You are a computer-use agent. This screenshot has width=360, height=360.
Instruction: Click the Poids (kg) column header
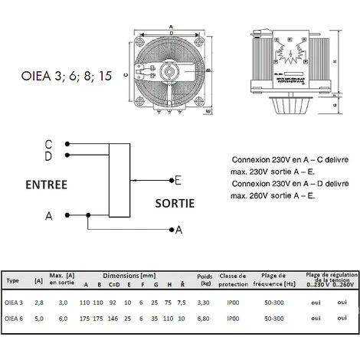tap(205, 278)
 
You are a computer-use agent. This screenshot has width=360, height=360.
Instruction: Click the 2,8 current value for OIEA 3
tap(39, 303)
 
